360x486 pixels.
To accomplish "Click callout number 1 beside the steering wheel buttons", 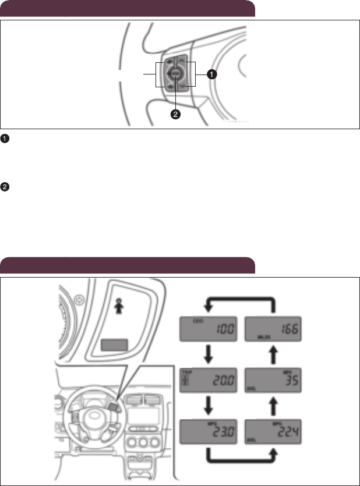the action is tap(213, 75).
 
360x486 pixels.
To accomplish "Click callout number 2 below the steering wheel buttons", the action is tap(175, 114).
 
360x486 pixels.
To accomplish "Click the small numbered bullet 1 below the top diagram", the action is tap(4, 139).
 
